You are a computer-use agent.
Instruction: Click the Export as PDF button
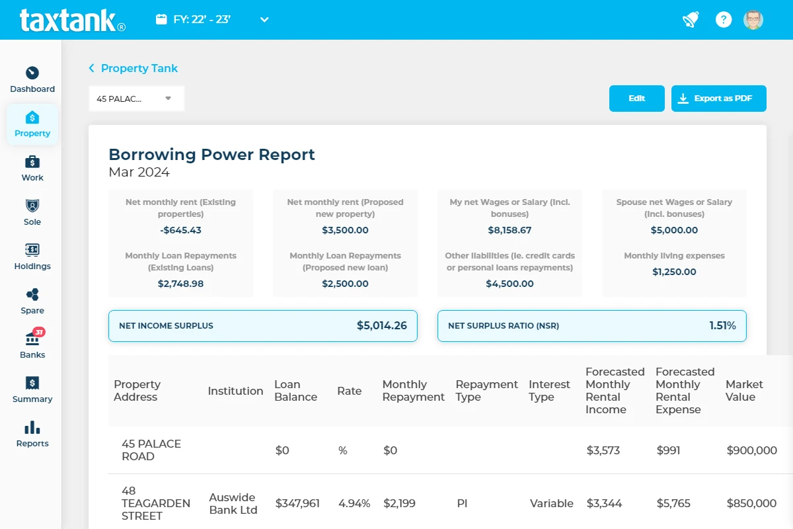718,99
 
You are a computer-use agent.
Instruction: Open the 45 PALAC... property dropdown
136,99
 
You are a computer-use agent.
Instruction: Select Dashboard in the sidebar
32,79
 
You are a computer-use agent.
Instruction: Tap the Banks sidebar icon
32,339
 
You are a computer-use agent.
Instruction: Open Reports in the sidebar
32,434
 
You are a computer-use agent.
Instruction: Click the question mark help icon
724,19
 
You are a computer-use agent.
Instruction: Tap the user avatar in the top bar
753,19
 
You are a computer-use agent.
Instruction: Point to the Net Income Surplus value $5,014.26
381,325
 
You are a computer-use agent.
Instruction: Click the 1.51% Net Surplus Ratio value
722,325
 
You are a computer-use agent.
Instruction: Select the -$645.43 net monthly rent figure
180,230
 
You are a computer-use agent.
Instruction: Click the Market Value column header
744,390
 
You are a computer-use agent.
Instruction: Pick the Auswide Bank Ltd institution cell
233,503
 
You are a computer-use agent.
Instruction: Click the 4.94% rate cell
354,503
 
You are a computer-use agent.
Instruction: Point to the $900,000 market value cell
751,450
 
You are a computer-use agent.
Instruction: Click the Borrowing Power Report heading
211,154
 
